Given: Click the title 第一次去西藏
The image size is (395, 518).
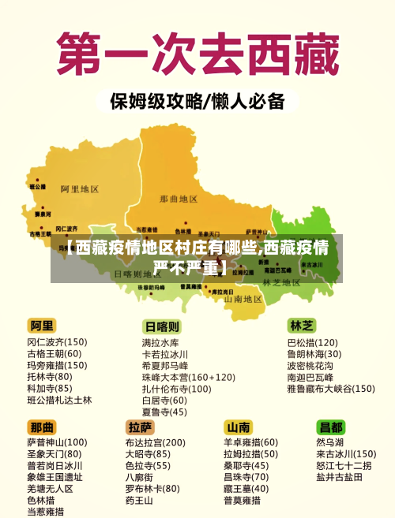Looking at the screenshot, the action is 197,53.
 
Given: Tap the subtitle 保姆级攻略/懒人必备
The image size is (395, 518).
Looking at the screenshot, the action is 197,102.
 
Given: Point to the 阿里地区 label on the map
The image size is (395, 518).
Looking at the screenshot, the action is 80,189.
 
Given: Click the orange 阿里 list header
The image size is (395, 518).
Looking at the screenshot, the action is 43,326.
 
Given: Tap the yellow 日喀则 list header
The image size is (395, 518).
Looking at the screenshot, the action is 161,326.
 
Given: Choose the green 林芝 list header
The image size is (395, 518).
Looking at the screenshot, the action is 302,325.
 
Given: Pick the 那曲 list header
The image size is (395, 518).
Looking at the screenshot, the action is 43,427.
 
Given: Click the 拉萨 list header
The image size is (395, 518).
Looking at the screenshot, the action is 140,427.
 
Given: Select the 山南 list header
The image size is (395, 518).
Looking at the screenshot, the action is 239,427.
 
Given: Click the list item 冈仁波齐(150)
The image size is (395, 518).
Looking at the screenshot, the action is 57,342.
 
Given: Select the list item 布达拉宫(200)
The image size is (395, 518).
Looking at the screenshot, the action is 155,442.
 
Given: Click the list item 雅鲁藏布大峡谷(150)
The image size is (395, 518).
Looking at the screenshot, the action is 330,388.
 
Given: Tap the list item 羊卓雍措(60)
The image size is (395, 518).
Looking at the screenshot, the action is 250,442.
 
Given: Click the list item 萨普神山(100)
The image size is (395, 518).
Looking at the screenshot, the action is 57,442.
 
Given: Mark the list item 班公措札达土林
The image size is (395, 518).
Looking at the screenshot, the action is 59,400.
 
